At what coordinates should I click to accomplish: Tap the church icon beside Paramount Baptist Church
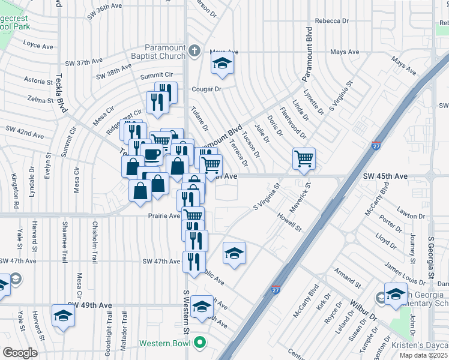194,52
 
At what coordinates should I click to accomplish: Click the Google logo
20,352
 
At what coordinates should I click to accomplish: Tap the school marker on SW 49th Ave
62,316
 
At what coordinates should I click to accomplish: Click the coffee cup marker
152,155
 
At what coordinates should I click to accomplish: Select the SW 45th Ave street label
385,176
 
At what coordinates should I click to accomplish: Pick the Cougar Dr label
206,89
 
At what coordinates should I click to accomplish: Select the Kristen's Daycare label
420,345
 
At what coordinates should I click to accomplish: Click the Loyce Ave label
39,44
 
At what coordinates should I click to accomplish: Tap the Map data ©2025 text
423,355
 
